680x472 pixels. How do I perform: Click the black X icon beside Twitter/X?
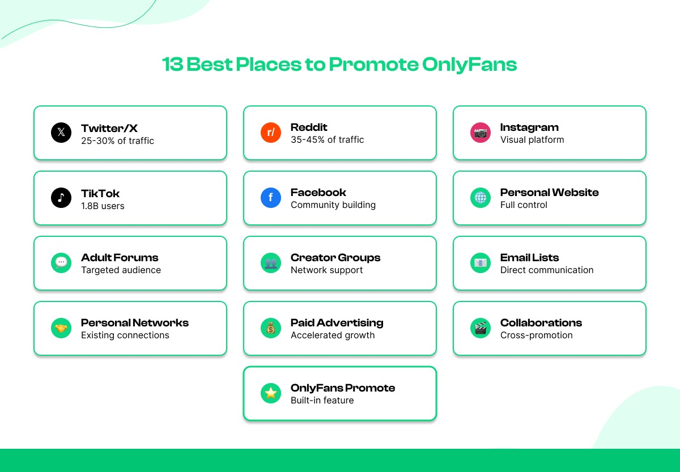pyautogui.click(x=61, y=133)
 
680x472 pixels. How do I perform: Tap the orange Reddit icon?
pyautogui.click(x=271, y=133)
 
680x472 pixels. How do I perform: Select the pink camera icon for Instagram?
pyautogui.click(x=481, y=133)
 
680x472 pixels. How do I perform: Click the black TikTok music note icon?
pyautogui.click(x=61, y=198)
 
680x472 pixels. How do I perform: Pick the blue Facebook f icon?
pyautogui.click(x=271, y=198)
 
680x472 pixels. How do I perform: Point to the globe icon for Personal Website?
pyautogui.click(x=481, y=198)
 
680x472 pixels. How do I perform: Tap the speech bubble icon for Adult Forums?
pyautogui.click(x=61, y=263)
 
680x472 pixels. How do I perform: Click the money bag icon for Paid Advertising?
pyautogui.click(x=271, y=328)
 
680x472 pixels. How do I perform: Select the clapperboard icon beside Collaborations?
pyautogui.click(x=481, y=328)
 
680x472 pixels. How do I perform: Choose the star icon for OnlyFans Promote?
pyautogui.click(x=271, y=393)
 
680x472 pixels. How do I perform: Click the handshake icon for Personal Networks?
pyautogui.click(x=61, y=328)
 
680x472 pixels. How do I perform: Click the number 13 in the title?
pyautogui.click(x=172, y=65)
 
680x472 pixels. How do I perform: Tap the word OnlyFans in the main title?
pyautogui.click(x=470, y=65)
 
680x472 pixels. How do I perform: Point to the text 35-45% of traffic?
pyautogui.click(x=328, y=140)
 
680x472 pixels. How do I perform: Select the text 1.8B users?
pyautogui.click(x=103, y=206)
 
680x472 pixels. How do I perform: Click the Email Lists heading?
pyautogui.click(x=529, y=258)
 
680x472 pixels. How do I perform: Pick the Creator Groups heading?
pyautogui.click(x=335, y=258)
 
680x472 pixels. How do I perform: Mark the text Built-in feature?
pyautogui.click(x=322, y=401)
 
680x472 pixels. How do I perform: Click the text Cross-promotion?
pyautogui.click(x=536, y=335)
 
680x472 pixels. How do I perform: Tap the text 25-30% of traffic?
pyautogui.click(x=117, y=141)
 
